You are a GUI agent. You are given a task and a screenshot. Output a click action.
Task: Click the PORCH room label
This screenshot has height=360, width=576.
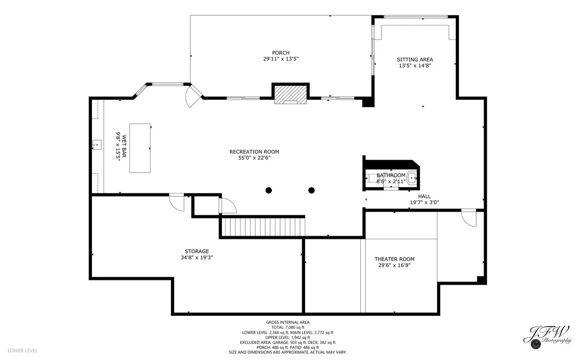(281, 53)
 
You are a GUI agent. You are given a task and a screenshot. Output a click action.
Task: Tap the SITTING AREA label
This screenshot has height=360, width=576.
(415, 60)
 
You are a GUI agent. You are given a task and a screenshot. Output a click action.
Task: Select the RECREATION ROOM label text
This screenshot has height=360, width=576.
(254, 152)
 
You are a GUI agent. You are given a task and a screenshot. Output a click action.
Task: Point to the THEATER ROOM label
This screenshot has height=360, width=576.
(395, 259)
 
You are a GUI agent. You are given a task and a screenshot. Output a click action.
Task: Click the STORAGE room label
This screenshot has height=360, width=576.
(197, 251)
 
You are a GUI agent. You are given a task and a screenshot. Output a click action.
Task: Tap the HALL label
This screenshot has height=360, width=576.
(424, 196)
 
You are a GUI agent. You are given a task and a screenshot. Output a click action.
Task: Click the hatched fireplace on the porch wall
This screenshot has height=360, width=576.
(290, 95)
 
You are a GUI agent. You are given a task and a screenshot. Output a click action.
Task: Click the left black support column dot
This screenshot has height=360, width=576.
(269, 190)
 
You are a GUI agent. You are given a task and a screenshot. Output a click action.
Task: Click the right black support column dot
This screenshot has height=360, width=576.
(311, 190)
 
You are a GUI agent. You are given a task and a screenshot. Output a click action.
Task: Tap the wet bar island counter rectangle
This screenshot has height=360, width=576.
(140, 148)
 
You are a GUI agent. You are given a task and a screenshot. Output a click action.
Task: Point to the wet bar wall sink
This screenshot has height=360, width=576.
(97, 145)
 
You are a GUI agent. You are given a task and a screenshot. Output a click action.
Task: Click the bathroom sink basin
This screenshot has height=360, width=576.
(412, 178)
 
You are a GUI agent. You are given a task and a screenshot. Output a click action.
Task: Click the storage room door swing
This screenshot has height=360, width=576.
(177, 202)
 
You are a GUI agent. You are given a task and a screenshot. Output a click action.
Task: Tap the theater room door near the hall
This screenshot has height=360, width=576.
(469, 218)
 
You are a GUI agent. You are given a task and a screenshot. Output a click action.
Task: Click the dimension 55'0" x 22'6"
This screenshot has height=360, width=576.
(254, 158)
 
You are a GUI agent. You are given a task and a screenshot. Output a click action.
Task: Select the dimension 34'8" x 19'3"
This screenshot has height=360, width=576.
(197, 258)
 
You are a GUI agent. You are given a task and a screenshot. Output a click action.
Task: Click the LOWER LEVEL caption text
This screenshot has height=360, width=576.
(22, 351)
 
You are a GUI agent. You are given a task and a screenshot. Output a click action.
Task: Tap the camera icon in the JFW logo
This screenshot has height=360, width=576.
(535, 344)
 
